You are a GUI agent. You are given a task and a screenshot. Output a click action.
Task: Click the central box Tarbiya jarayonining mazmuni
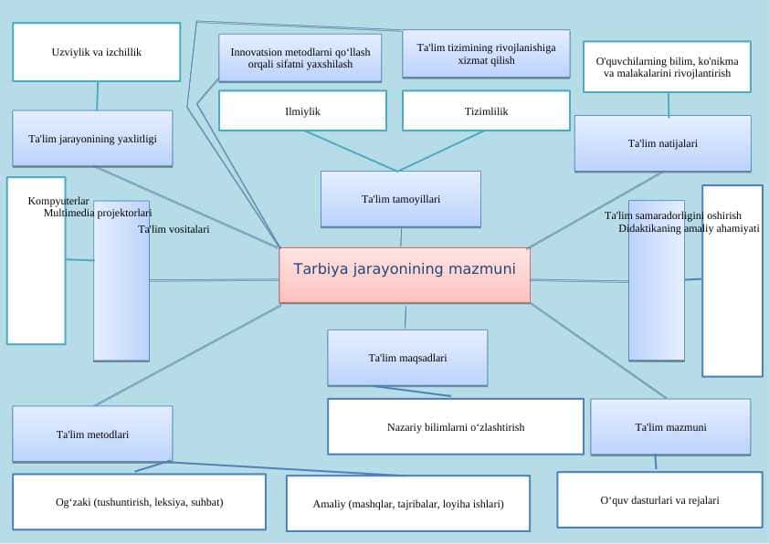(405, 276)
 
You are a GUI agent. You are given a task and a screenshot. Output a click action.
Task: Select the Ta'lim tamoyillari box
(401, 199)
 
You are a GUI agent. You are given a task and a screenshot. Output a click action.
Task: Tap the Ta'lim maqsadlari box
(407, 358)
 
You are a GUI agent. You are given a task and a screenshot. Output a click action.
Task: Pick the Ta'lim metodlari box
(92, 434)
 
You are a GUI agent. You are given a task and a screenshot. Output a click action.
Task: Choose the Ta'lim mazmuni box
(670, 427)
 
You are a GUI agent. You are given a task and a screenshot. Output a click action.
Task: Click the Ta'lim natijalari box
(662, 143)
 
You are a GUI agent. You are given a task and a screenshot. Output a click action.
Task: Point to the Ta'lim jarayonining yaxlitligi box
(92, 139)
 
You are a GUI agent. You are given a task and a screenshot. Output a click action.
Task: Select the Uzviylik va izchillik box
(97, 52)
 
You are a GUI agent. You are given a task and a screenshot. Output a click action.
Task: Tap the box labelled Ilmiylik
(302, 110)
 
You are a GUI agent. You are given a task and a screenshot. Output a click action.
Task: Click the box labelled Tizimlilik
(486, 110)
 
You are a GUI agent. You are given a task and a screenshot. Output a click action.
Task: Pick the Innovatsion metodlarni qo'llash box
(300, 58)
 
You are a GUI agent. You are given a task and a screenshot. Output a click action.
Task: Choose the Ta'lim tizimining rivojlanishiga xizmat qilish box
(486, 54)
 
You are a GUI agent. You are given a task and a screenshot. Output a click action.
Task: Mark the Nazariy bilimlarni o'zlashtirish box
(456, 427)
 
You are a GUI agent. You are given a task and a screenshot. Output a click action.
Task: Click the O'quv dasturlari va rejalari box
(659, 500)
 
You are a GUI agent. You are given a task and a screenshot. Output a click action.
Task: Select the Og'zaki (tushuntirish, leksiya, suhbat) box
(140, 502)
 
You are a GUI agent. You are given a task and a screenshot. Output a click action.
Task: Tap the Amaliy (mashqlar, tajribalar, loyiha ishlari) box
(408, 503)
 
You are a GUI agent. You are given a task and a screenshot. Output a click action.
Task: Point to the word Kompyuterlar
(58, 201)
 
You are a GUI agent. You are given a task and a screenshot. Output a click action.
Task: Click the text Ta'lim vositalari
(174, 229)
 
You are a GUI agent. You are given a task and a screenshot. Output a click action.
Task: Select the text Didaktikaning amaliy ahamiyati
(689, 228)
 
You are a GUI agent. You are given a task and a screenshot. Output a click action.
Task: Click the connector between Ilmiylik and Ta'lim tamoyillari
(350, 151)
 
